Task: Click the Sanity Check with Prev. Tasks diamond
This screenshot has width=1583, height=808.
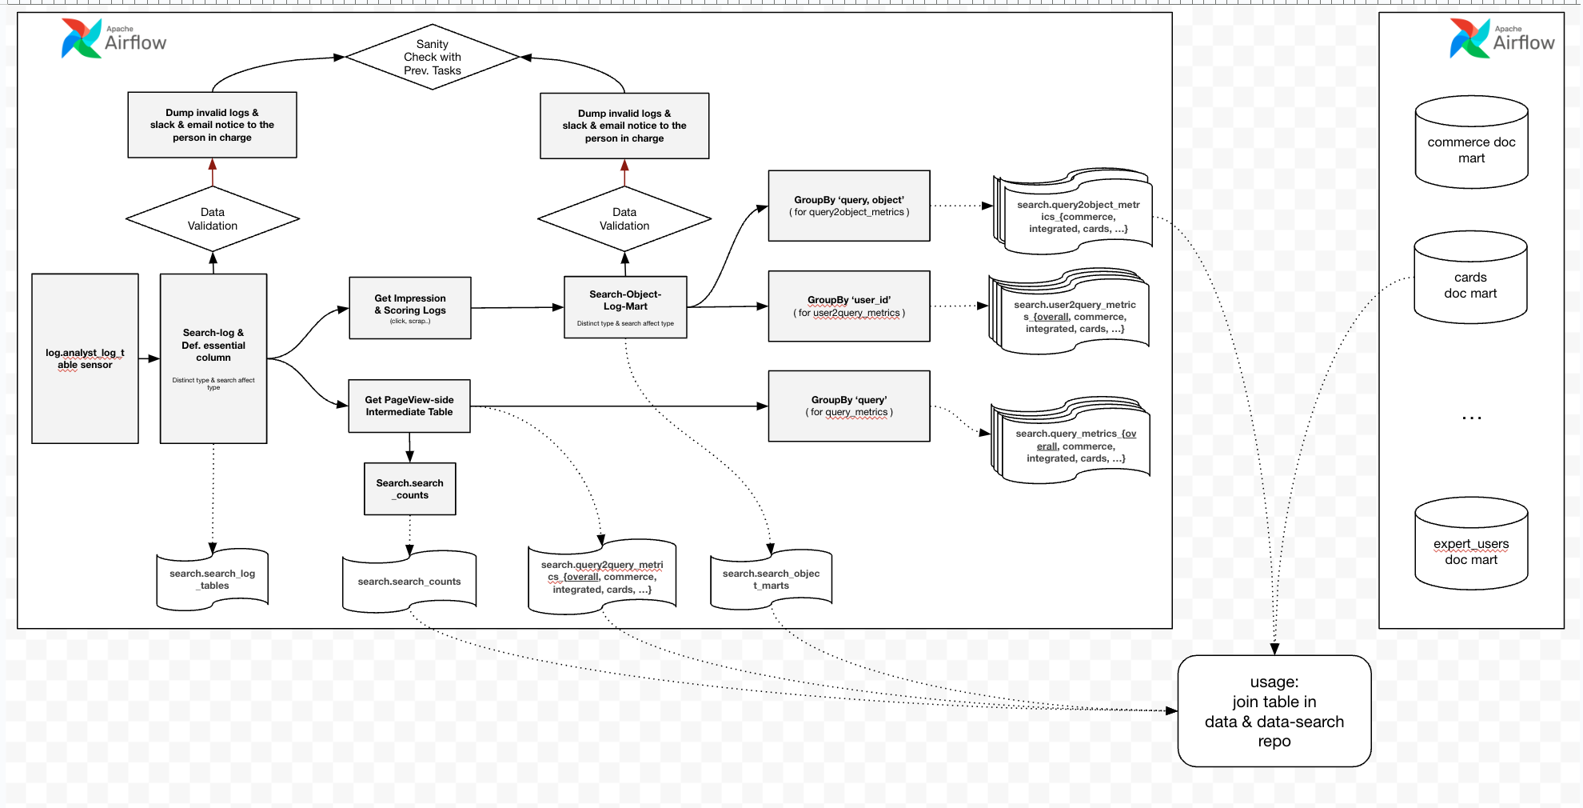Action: pyautogui.click(x=433, y=57)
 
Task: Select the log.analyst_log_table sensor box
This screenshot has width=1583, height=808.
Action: pyautogui.click(x=85, y=358)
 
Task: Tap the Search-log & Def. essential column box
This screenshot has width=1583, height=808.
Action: pyautogui.click(x=213, y=358)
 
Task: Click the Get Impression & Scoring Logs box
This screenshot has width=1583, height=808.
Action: pyautogui.click(x=410, y=308)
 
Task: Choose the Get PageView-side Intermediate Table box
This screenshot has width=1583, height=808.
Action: pyautogui.click(x=409, y=406)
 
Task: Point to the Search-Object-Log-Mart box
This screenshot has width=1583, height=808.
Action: pyautogui.click(x=625, y=307)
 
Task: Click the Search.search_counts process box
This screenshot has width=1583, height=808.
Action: pyautogui.click(x=410, y=489)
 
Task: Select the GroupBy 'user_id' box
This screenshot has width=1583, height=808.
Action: pyautogui.click(x=849, y=306)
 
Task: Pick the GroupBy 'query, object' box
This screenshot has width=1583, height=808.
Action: pyautogui.click(x=849, y=206)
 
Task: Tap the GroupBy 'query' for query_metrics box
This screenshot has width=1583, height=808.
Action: pyautogui.click(x=849, y=406)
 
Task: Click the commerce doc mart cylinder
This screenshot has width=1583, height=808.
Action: pyautogui.click(x=1471, y=144)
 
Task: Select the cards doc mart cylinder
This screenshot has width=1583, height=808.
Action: pyautogui.click(x=1470, y=279)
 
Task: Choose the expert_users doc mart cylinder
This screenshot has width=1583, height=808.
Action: pyautogui.click(x=1471, y=546)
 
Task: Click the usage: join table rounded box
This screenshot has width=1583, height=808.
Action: pyautogui.click(x=1274, y=711)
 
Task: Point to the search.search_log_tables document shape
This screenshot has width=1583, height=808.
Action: pyautogui.click(x=213, y=580)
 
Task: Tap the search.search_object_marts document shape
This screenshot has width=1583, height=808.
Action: pyautogui.click(x=772, y=580)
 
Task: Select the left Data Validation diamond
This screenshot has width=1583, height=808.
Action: pyautogui.click(x=213, y=218)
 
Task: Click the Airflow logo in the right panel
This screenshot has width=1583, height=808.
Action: pyautogui.click(x=1502, y=38)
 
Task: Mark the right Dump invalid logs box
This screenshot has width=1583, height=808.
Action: pyautogui.click(x=624, y=126)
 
